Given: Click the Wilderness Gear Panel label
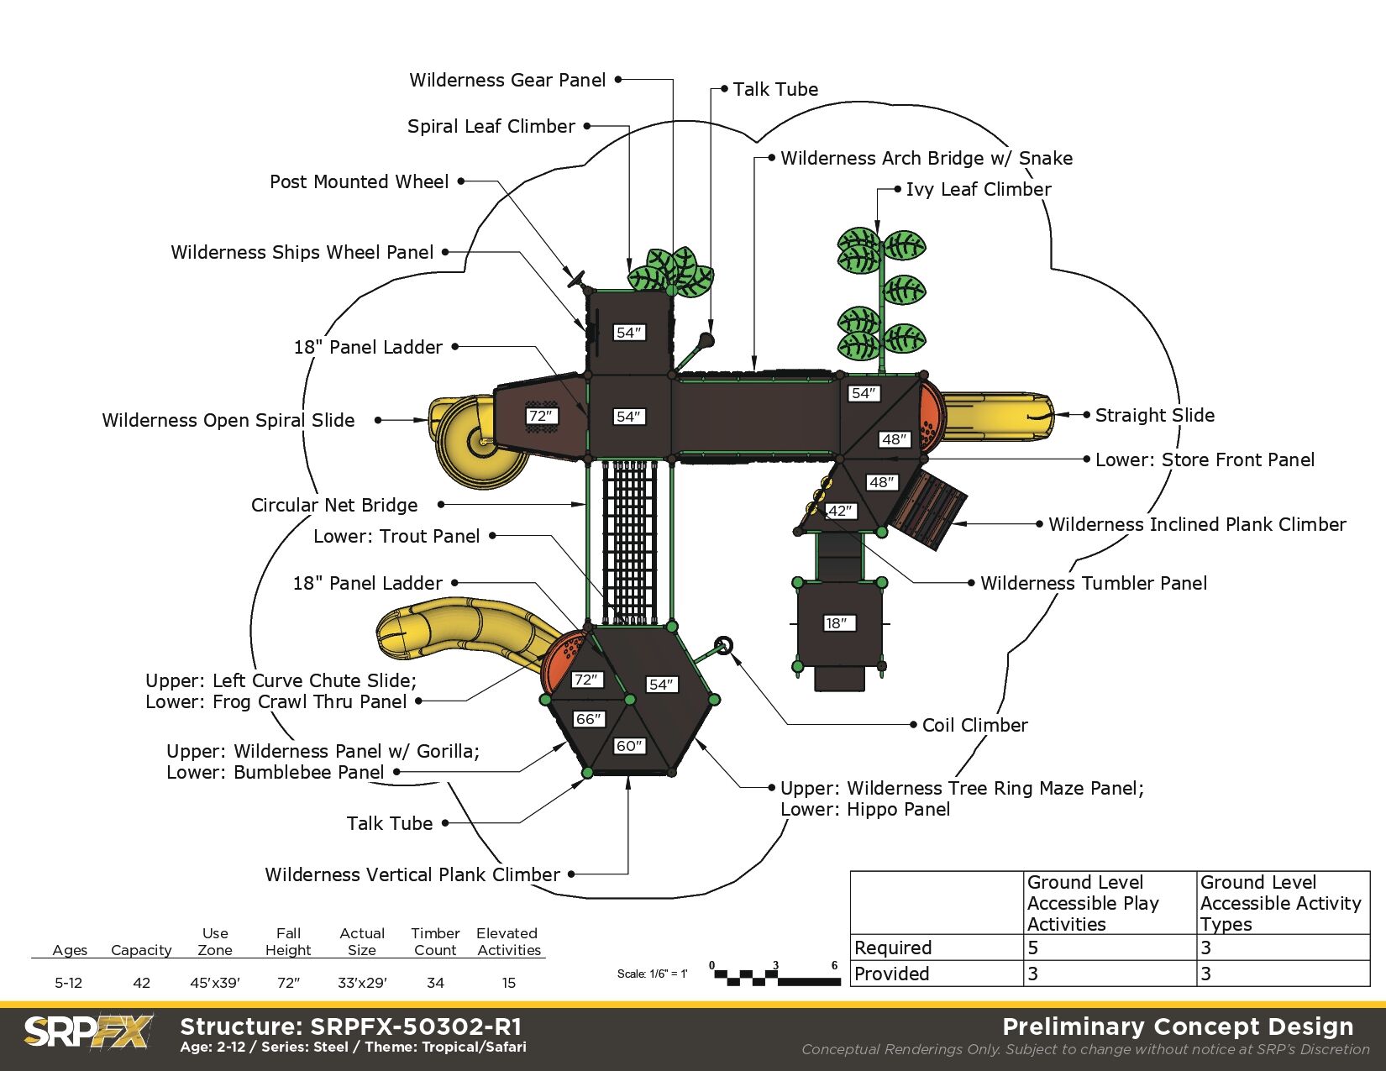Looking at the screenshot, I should (507, 80).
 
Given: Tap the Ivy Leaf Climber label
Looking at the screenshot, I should (978, 189).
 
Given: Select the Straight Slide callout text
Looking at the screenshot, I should (1154, 415).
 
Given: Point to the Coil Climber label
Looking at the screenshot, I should (974, 725).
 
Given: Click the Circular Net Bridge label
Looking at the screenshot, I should (334, 505).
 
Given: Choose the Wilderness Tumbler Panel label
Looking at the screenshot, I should (1093, 583).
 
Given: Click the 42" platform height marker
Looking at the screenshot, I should (840, 511).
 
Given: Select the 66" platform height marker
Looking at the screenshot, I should (588, 719).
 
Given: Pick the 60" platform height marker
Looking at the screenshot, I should (629, 746).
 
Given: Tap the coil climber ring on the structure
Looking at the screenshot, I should (723, 645).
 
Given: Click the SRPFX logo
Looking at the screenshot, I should (87, 1032).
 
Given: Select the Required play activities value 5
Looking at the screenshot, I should (1033, 948).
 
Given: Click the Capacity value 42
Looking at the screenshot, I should (141, 983).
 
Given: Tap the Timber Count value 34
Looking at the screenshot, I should (435, 983).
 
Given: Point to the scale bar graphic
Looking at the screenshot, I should (774, 977).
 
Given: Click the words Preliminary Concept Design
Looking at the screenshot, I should (1178, 1026).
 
